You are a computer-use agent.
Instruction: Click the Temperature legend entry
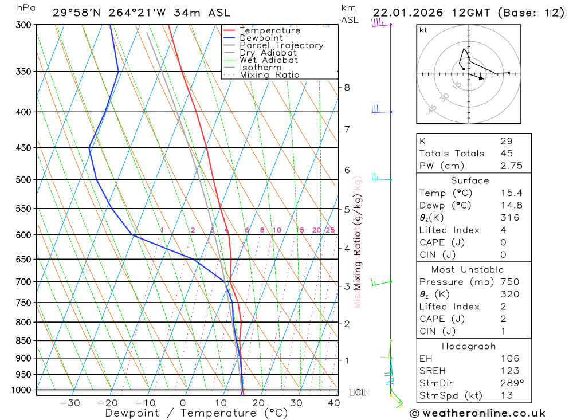point(269,30)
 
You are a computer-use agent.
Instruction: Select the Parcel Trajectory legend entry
point(281,45)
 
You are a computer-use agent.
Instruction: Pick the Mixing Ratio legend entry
point(269,75)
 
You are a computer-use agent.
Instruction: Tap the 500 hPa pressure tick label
point(23,180)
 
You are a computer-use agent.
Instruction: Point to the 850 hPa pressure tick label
point(23,341)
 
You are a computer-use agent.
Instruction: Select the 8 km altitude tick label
point(347,88)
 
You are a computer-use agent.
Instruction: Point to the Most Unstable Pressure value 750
point(509,282)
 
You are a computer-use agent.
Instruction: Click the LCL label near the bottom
point(357,392)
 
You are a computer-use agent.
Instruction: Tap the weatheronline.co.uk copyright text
point(477,413)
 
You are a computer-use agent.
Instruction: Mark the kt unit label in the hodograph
point(423,30)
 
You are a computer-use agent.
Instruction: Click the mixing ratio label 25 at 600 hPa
point(330,230)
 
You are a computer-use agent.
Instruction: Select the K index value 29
point(506,141)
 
